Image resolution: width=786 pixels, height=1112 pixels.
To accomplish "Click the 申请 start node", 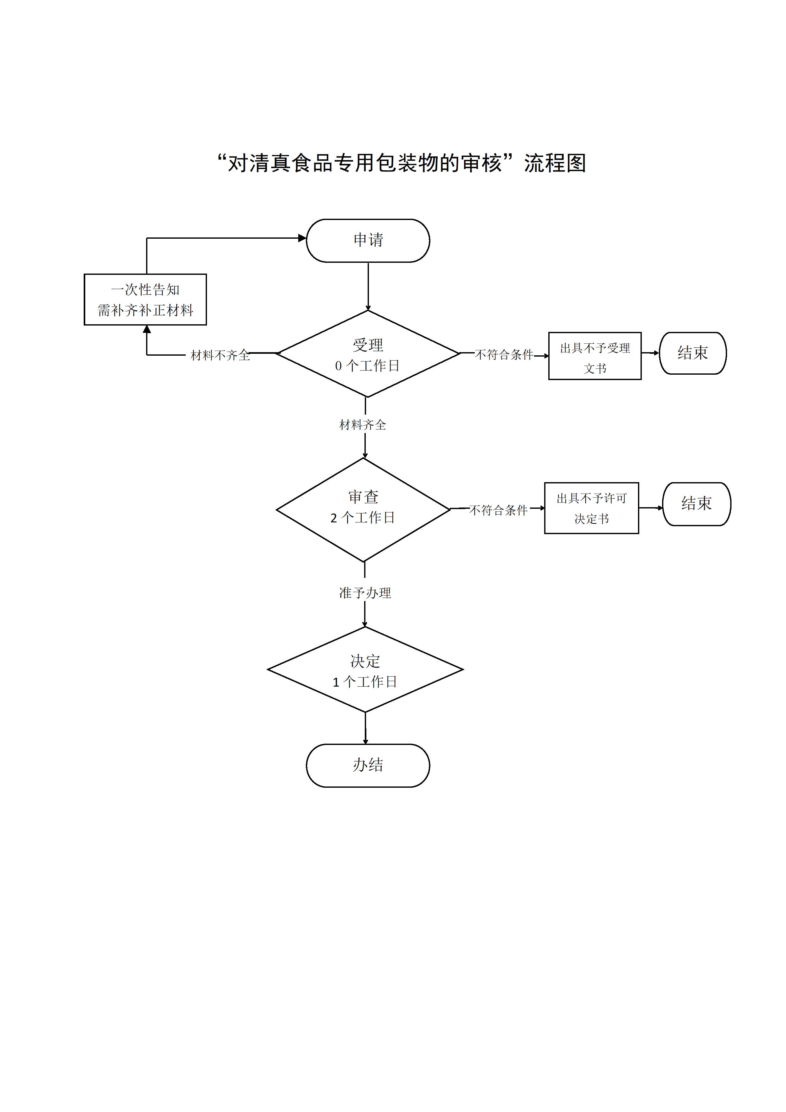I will [368, 240].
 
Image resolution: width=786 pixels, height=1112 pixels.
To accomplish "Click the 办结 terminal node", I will [368, 765].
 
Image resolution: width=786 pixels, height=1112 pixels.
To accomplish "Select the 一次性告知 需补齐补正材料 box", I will [145, 299].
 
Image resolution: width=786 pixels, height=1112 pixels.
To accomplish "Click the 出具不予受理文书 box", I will [595, 356].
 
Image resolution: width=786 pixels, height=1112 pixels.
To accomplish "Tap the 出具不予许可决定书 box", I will [591, 508].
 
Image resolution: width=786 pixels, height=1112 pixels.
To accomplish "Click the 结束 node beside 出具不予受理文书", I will [693, 353].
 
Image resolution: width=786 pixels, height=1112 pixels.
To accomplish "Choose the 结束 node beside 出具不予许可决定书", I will [696, 504].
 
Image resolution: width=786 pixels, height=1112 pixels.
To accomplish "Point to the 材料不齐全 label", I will [220, 355].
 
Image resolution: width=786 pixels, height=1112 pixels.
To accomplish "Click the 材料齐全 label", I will [363, 425].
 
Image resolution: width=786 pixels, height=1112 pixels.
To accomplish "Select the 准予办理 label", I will [365, 593].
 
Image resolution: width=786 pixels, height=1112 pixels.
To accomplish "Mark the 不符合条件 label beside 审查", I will [498, 510].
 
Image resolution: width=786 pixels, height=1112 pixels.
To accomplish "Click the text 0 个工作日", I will [367, 366].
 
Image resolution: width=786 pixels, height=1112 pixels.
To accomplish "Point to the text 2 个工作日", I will [363, 518].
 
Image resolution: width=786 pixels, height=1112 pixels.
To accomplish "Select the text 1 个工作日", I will [365, 682].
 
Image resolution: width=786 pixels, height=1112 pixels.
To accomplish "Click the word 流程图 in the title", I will [555, 163].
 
